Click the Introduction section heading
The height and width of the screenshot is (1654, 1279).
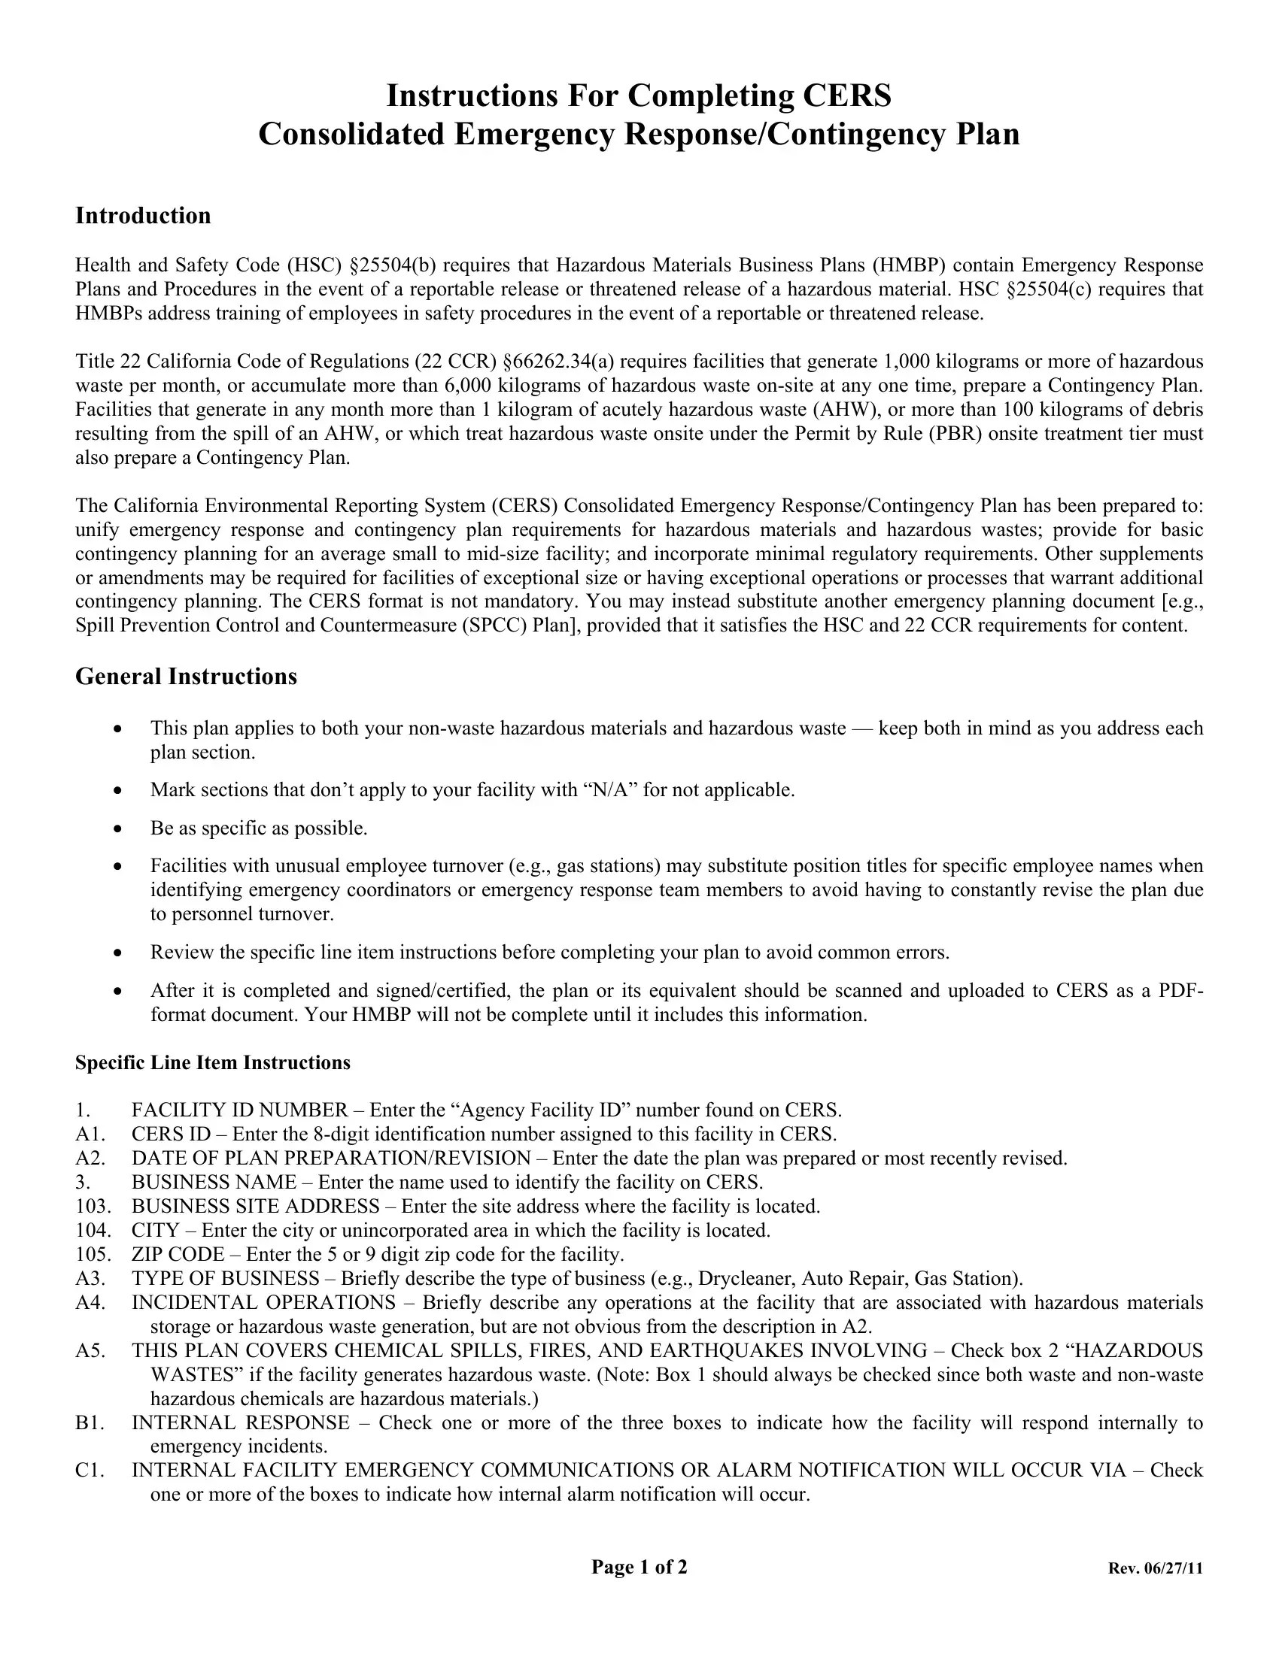point(142,216)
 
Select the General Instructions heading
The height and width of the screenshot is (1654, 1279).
point(186,677)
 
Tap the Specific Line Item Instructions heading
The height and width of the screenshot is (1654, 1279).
point(212,1062)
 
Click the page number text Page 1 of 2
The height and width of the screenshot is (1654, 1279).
point(639,1567)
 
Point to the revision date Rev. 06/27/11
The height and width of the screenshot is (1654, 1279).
point(1155,1568)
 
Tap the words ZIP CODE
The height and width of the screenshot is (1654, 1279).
point(178,1254)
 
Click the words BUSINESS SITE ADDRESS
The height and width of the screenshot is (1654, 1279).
point(255,1206)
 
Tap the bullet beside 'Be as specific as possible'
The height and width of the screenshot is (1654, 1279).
point(117,829)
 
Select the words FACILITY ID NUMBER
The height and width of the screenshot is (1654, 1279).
point(239,1110)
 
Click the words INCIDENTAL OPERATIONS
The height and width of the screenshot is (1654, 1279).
point(263,1303)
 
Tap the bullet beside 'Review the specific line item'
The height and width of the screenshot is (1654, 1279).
point(117,952)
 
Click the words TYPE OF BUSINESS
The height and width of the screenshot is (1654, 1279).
point(225,1278)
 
